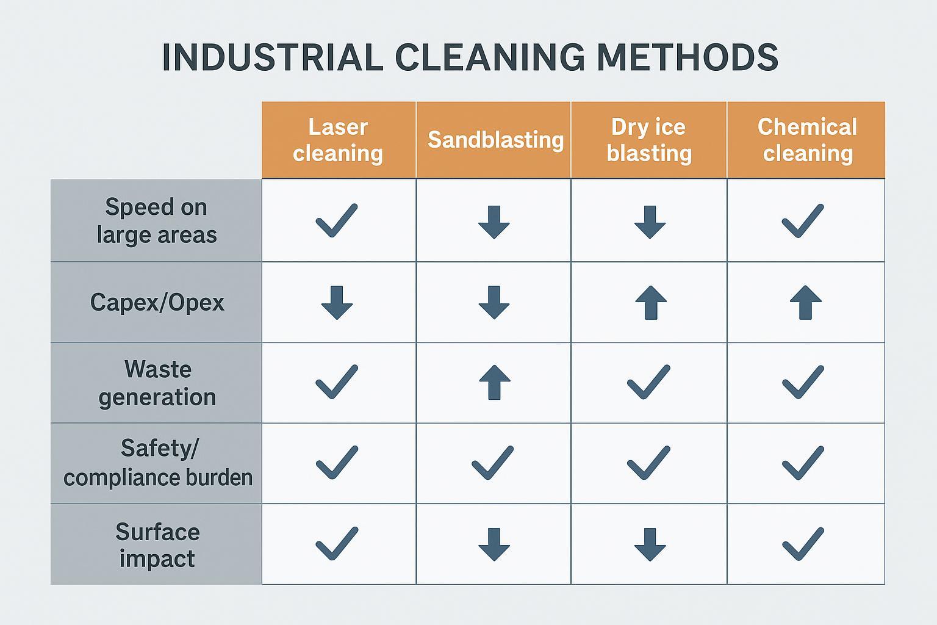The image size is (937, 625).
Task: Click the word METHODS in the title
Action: click(x=687, y=58)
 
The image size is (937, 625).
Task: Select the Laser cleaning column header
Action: click(x=338, y=140)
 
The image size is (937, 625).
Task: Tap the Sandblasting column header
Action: click(x=495, y=140)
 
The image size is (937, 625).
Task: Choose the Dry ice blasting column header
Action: click(x=649, y=140)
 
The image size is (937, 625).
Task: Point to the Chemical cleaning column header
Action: click(x=807, y=140)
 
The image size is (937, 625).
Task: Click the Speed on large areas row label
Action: click(x=157, y=220)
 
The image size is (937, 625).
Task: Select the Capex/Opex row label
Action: click(x=157, y=302)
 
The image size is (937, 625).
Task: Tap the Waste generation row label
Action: click(x=157, y=383)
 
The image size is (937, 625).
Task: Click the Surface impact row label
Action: click(x=157, y=544)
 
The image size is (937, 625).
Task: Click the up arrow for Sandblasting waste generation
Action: click(x=494, y=382)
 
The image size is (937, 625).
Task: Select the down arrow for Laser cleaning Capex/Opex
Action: click(x=337, y=302)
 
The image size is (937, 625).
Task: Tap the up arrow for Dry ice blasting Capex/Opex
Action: click(x=650, y=302)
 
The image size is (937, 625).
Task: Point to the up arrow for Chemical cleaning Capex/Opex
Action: click(x=805, y=302)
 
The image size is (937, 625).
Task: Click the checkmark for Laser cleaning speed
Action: click(x=336, y=220)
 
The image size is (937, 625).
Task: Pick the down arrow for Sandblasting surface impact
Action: click(x=494, y=544)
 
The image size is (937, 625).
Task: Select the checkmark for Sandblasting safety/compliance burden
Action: click(x=492, y=463)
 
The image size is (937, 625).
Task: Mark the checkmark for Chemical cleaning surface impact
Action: click(x=803, y=543)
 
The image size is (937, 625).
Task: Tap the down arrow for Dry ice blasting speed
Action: click(x=650, y=222)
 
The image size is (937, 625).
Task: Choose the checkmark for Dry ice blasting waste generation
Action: click(x=648, y=382)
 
